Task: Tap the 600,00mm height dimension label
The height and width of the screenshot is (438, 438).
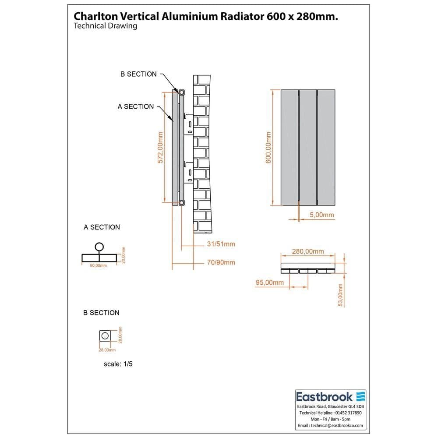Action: point(268,148)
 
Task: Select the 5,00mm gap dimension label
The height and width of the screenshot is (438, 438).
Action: point(321,215)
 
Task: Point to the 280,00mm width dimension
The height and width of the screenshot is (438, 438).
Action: point(308,251)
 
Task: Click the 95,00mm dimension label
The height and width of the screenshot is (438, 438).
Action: point(270,283)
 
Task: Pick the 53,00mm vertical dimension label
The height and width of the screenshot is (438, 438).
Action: point(340,295)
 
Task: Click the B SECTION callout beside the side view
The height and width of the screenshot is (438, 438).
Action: point(138,74)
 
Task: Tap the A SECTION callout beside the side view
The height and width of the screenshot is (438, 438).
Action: point(136,106)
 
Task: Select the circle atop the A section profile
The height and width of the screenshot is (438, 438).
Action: point(99,247)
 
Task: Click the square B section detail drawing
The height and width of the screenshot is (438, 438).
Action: point(105,336)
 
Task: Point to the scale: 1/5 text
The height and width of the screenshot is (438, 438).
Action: point(118,364)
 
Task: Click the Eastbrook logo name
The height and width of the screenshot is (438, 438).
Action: point(325,397)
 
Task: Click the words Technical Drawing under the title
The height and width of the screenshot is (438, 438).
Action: point(105,26)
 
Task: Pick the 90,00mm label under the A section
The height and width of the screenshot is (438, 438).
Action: point(98,265)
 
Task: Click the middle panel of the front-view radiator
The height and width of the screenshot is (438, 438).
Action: point(308,148)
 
